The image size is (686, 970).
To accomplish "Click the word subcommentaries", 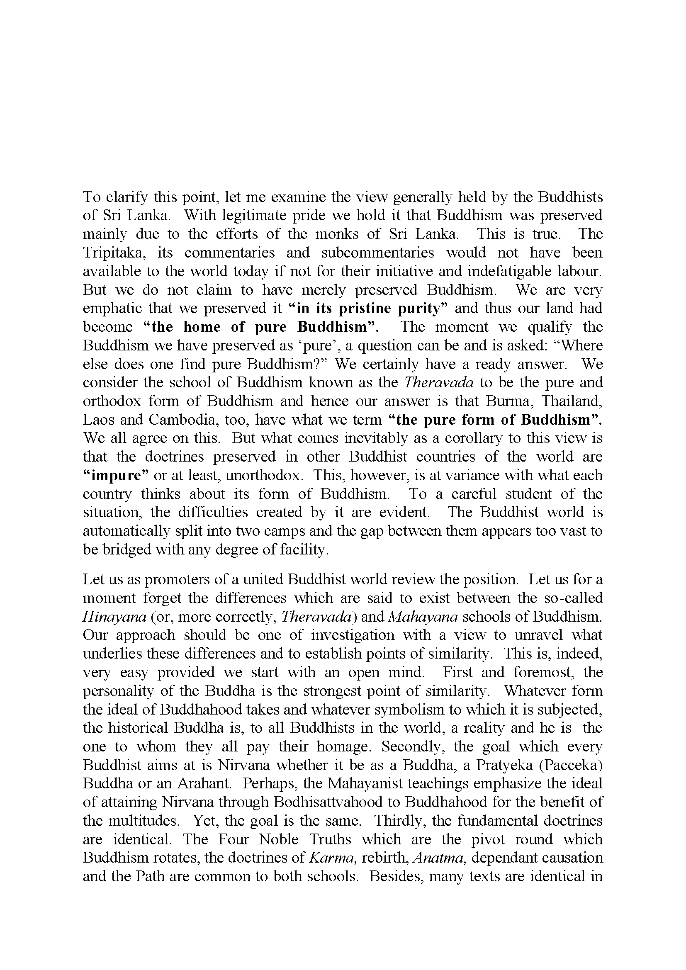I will pos(378,253).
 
